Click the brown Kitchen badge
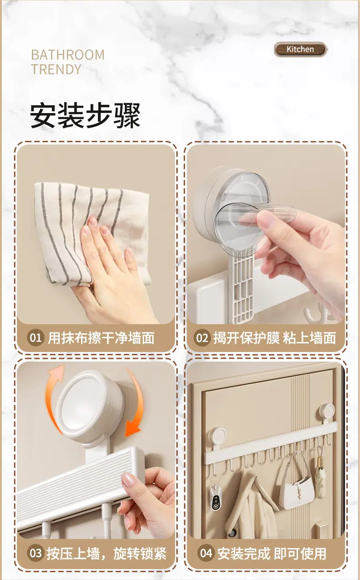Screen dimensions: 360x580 click(300, 49)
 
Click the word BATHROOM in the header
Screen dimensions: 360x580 click(68, 55)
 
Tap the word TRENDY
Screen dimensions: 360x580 click(56, 69)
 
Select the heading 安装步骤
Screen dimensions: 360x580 click(85, 115)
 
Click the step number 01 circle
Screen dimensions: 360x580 click(35, 337)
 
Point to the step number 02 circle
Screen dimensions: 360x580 click(202, 337)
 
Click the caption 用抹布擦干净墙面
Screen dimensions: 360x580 click(101, 337)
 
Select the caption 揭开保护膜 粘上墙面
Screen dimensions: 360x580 click(275, 337)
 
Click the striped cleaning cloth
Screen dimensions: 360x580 click(91, 233)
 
